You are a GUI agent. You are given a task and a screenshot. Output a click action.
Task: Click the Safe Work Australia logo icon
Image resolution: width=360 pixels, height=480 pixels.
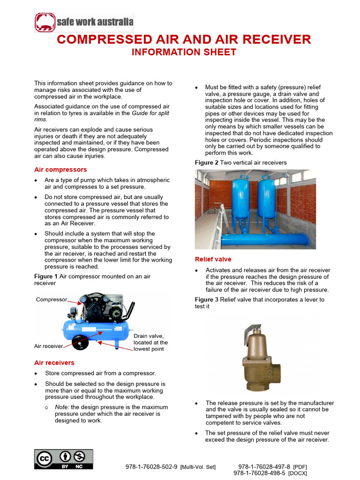(x=45, y=22)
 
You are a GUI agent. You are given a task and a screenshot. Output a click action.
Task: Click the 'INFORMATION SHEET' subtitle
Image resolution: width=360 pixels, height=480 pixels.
(x=184, y=52)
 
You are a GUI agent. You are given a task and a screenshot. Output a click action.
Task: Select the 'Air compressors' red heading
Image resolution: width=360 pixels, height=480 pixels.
(x=60, y=170)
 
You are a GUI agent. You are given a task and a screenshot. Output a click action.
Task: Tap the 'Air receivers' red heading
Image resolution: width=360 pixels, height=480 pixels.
(x=54, y=363)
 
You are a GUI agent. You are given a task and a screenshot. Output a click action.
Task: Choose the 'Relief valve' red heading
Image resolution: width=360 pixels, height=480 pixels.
(x=213, y=259)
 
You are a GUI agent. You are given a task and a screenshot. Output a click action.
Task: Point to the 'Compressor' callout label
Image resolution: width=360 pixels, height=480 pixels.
(x=52, y=299)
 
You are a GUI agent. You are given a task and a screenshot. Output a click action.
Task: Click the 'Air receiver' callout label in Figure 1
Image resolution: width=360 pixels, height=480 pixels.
(x=48, y=346)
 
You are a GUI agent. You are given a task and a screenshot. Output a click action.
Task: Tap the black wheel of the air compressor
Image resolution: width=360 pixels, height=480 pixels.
(x=81, y=343)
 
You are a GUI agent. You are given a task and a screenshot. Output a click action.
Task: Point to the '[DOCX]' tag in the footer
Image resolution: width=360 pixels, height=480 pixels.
(x=298, y=473)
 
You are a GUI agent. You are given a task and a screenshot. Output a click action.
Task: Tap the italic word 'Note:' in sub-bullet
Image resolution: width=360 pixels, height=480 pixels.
(x=62, y=407)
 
